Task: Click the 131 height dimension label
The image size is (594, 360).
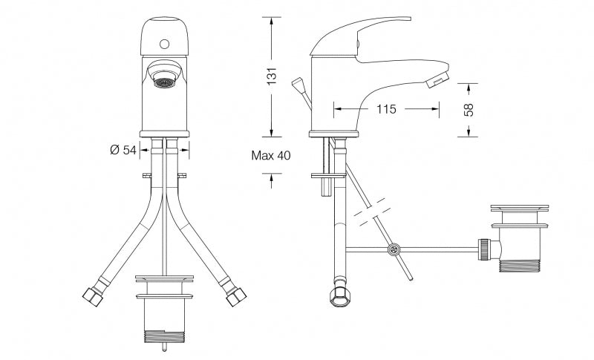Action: coord(272,76)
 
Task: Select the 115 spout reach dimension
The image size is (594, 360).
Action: coord(386,109)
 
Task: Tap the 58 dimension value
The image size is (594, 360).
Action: coord(469,110)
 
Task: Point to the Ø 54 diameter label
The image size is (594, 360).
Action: coord(123,150)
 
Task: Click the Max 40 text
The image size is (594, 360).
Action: coord(271,155)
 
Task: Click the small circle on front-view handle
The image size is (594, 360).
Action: coord(164,44)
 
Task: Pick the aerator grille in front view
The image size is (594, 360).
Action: coord(164,82)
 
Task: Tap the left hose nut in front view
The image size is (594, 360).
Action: coord(93,297)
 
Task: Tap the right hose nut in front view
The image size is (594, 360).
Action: coord(236,297)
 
